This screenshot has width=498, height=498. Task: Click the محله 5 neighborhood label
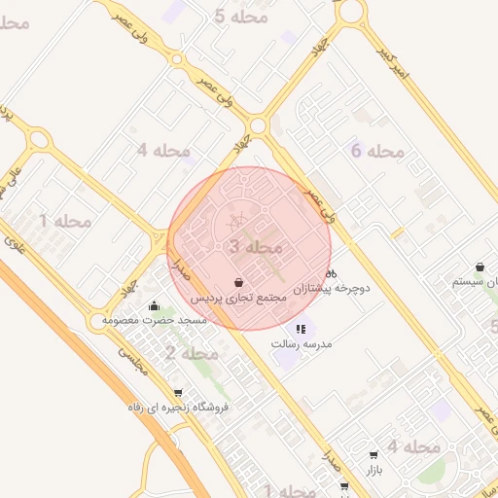(240, 17)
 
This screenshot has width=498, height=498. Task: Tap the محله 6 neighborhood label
(376, 151)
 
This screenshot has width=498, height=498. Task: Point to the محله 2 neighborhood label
(183, 352)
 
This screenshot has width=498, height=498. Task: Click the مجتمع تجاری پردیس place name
(239, 296)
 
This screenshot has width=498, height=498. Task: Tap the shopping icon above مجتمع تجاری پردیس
(239, 281)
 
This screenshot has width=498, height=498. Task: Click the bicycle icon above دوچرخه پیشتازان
(331, 273)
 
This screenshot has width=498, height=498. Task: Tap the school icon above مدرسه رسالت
(302, 330)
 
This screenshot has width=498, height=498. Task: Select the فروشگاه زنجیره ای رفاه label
(177, 409)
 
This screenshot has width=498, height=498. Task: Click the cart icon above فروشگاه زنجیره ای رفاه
(177, 394)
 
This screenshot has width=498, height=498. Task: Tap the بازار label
(374, 471)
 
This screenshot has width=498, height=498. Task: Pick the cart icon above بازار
(374, 455)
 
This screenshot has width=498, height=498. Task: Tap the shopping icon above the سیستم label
(480, 267)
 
